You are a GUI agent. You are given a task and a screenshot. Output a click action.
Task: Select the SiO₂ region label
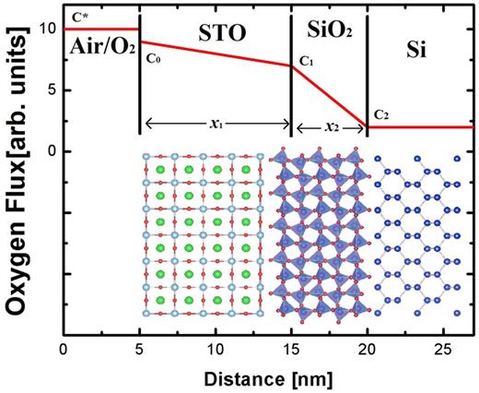[x=329, y=33]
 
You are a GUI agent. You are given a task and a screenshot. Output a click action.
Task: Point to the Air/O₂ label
[x=99, y=51]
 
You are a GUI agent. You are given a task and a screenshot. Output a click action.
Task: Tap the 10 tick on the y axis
[x=49, y=29]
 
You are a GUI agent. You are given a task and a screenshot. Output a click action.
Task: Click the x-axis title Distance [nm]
[x=267, y=378]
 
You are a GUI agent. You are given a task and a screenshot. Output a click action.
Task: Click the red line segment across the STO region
[x=216, y=54]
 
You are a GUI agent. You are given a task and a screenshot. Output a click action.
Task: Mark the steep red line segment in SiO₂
[x=330, y=96]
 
